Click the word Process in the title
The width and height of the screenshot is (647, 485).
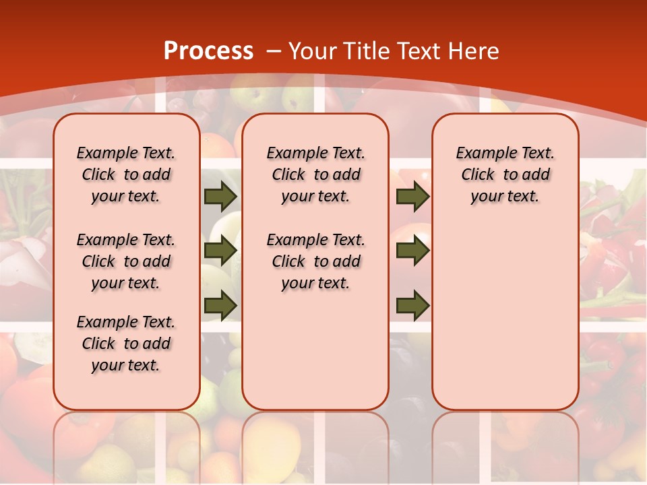pos(208,51)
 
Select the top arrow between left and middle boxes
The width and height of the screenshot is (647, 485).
pos(220,197)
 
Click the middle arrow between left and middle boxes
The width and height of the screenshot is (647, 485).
pos(220,251)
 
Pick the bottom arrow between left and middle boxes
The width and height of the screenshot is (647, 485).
pos(220,305)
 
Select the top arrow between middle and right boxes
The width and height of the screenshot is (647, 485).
pos(412,197)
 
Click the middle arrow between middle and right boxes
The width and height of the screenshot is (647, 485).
pos(412,251)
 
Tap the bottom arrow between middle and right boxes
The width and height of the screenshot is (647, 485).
pos(412,305)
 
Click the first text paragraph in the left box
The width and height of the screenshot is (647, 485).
pos(126,174)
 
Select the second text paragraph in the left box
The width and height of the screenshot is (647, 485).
pos(126,261)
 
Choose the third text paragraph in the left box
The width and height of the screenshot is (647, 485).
pos(126,344)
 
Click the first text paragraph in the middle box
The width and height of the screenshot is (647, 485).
pos(315,174)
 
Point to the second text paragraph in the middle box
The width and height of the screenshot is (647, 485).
pos(315,261)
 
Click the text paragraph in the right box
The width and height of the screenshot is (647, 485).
pos(505,174)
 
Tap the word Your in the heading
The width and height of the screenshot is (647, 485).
pos(313,51)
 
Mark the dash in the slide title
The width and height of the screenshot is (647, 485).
pos(274,51)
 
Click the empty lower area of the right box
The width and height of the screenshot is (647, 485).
pos(505,323)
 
